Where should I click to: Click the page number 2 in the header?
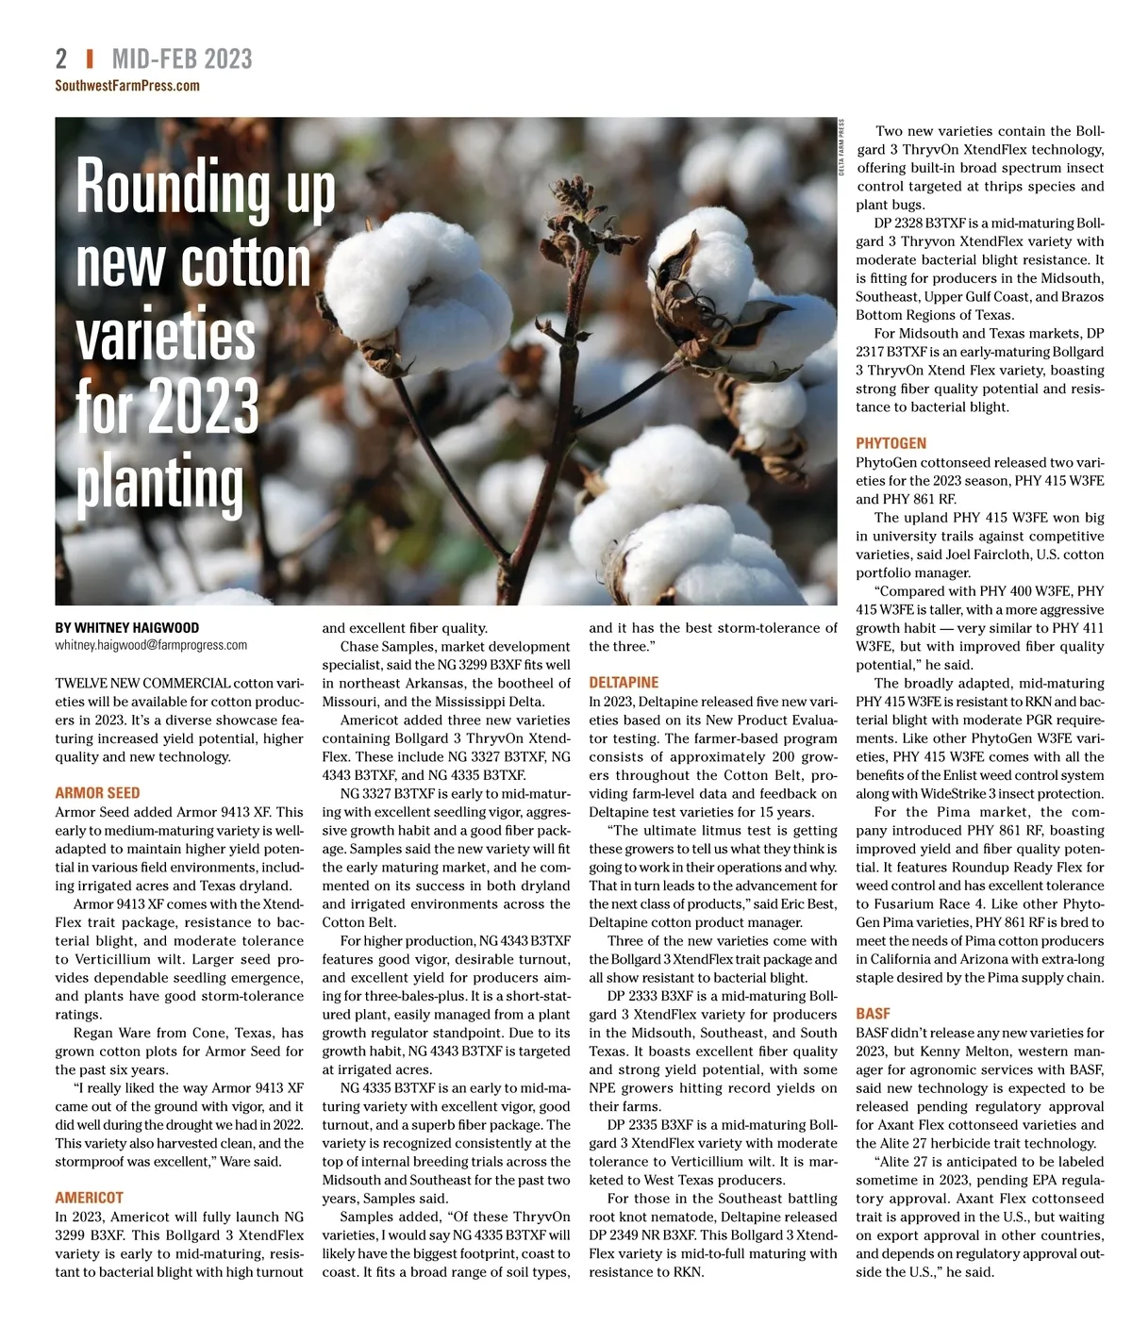click(x=61, y=59)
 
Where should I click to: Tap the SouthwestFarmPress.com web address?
click(x=127, y=86)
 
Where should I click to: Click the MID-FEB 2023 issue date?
click(x=182, y=59)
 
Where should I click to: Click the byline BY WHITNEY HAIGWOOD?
click(x=127, y=628)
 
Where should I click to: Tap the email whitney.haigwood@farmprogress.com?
click(x=151, y=646)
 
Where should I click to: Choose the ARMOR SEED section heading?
click(x=97, y=793)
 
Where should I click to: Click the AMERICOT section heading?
click(x=90, y=1198)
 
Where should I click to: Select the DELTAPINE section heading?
click(x=624, y=683)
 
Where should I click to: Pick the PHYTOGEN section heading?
click(x=891, y=443)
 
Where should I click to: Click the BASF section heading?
click(x=873, y=1014)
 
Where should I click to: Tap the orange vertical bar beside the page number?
click(x=90, y=59)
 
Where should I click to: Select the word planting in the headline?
click(x=159, y=483)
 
